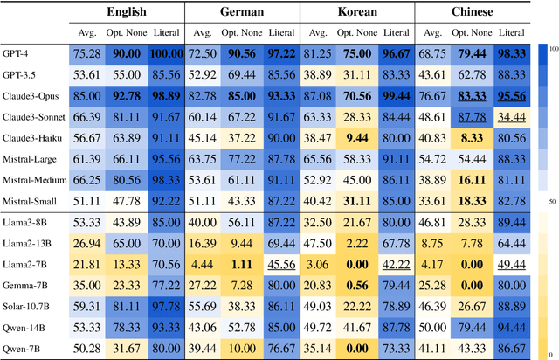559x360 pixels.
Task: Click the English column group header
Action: (x=127, y=11)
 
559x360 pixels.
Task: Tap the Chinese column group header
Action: (x=469, y=11)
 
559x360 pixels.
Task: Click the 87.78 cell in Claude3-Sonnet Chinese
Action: (x=471, y=117)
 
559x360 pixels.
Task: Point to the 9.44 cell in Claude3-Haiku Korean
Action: (x=355, y=138)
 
